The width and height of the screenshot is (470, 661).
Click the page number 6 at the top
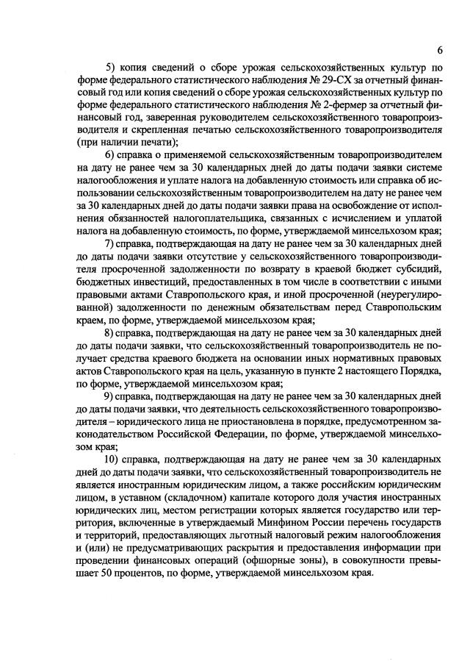(x=439, y=50)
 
